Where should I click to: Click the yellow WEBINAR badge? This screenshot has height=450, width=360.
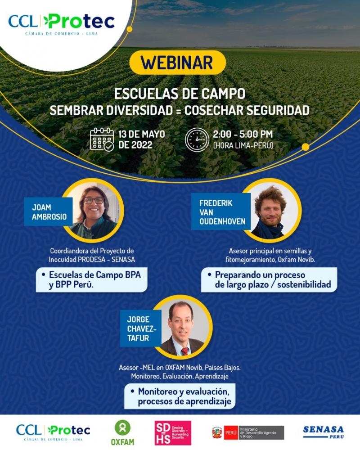click(x=177, y=63)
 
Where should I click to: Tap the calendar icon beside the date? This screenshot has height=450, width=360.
click(x=102, y=139)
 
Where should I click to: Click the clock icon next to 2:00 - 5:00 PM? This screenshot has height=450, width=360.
click(x=197, y=139)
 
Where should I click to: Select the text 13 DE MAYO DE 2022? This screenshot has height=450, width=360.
click(x=141, y=139)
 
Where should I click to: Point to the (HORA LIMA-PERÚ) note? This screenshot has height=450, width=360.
click(x=243, y=145)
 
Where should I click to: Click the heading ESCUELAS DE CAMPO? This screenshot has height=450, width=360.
click(x=180, y=94)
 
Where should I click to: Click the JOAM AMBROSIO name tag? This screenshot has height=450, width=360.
click(x=49, y=212)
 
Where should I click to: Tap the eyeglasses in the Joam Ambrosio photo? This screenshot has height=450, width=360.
click(x=94, y=200)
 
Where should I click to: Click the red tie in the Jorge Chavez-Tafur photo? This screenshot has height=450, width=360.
click(x=184, y=351)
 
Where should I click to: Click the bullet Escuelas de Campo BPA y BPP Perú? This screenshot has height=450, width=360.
click(x=91, y=279)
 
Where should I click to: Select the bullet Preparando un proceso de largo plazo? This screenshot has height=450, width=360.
click(x=269, y=279)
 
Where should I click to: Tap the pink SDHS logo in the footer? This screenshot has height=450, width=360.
click(x=173, y=433)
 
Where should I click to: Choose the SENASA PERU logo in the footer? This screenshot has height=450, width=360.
click(x=323, y=432)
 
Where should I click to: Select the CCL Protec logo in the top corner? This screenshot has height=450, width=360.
click(x=61, y=22)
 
